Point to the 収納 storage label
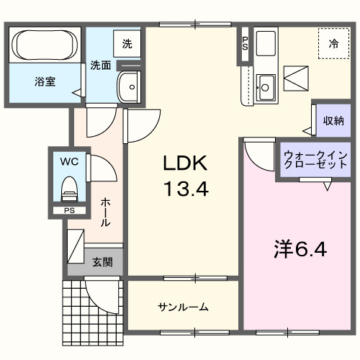point(332,120)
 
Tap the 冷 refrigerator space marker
point(333,44)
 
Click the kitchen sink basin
point(265,88)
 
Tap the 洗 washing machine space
point(127,42)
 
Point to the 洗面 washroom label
point(100,65)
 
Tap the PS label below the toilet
point(69,210)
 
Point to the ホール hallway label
point(106,213)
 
